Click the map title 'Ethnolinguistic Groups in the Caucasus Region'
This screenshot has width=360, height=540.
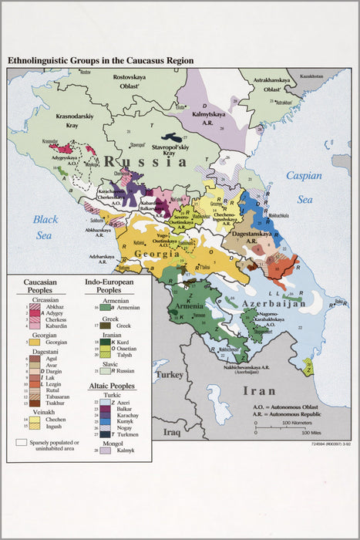pos(100,60)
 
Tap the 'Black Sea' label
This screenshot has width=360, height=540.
pos(45,224)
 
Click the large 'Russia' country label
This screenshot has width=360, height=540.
pos(151,161)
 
